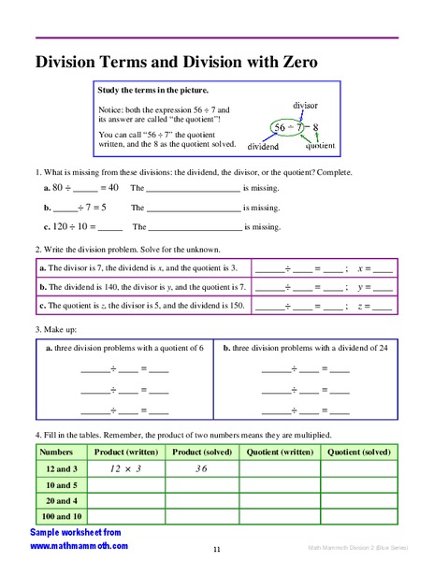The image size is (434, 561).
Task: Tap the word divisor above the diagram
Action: click(x=305, y=106)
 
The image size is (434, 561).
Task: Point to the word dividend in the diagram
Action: click(x=264, y=147)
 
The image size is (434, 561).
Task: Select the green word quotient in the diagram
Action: click(x=321, y=146)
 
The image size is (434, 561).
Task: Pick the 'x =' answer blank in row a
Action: click(x=382, y=268)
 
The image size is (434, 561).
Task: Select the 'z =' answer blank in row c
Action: click(x=382, y=306)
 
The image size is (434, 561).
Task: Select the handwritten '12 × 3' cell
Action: click(x=125, y=468)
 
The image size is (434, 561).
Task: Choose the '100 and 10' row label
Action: click(x=62, y=516)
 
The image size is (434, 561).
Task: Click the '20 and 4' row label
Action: click(x=62, y=500)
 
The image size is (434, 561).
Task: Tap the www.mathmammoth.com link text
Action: click(x=79, y=545)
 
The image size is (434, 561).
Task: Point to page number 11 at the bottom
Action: click(x=216, y=550)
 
